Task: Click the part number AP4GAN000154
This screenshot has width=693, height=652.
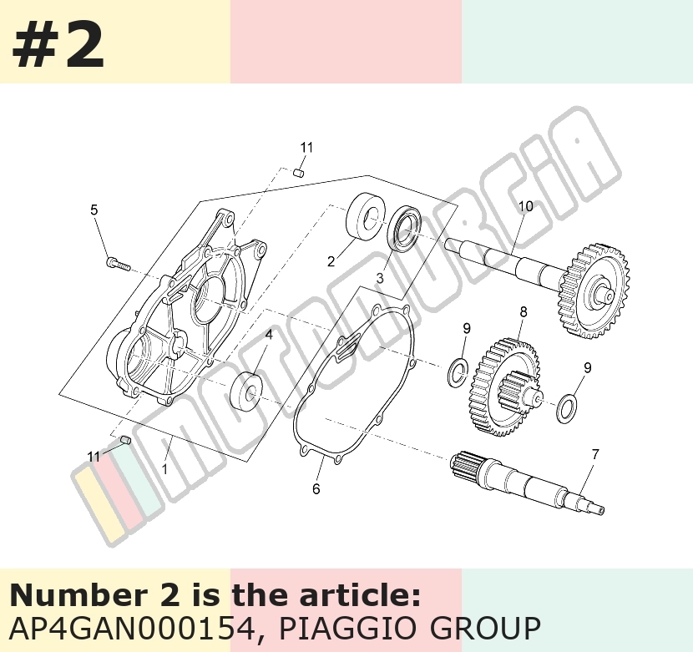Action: tap(132, 628)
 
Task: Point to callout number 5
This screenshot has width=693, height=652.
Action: tap(94, 210)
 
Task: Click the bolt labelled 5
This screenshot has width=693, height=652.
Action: tap(119, 264)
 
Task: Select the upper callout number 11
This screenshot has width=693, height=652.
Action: tap(306, 147)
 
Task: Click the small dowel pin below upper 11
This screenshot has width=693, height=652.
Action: tap(299, 171)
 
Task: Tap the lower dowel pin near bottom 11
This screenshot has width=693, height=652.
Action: tap(125, 439)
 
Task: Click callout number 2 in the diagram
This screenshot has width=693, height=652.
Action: tap(331, 261)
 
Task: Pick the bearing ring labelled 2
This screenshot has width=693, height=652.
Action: tap(364, 215)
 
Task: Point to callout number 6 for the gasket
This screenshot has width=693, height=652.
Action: tap(316, 488)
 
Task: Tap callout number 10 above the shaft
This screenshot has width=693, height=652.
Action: tap(525, 206)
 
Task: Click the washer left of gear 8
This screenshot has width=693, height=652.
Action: tap(458, 372)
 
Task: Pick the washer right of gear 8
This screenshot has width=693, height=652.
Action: tap(568, 408)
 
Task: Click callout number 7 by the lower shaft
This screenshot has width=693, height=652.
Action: tap(594, 454)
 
